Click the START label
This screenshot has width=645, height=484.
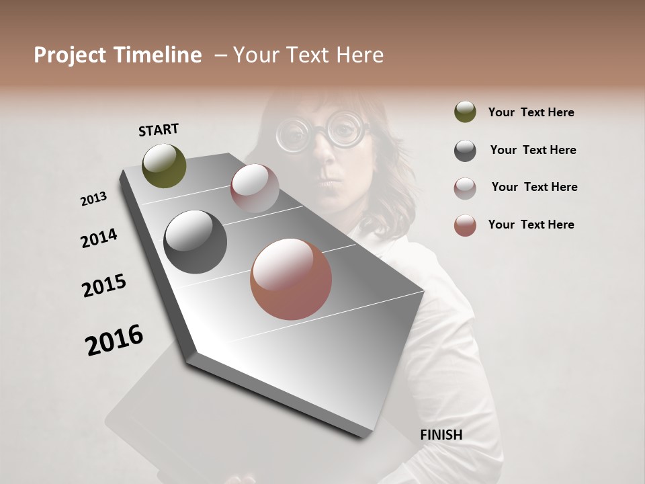(159, 130)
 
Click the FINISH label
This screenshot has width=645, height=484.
(441, 435)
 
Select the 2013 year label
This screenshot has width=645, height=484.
(93, 199)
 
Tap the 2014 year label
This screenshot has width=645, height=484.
(99, 238)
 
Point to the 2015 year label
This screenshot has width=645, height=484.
(104, 286)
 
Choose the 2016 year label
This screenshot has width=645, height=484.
(114, 340)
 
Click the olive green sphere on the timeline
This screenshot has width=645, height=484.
(164, 165)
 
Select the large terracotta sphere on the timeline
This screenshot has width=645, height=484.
(291, 279)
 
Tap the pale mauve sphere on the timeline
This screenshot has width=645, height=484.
(255, 188)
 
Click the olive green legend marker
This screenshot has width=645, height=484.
(465, 112)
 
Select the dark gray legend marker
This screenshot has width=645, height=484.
(465, 151)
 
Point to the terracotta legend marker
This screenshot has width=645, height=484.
(465, 225)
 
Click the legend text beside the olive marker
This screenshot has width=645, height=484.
(531, 112)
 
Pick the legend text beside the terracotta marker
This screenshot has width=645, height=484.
(531, 225)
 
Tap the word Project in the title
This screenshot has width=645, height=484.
(71, 55)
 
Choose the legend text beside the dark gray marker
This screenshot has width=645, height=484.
(533, 150)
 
